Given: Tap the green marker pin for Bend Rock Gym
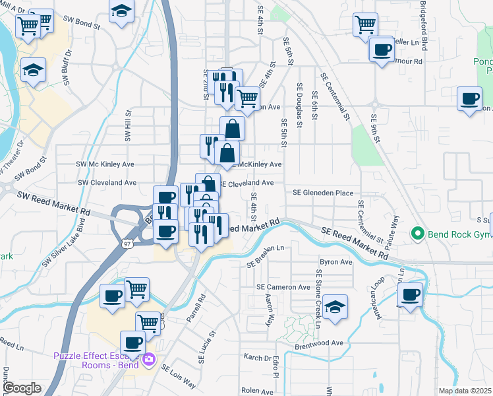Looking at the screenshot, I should (417, 234).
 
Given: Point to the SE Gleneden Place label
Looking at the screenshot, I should (324, 193).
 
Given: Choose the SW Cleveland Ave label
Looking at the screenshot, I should (107, 182).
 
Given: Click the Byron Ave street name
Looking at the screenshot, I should (336, 262).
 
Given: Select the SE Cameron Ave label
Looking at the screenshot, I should (283, 287).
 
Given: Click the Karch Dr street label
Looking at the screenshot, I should (258, 358).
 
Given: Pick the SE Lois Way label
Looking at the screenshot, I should (179, 377).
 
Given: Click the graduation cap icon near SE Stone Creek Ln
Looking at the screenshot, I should (335, 307).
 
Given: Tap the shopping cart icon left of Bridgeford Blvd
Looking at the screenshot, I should (365, 25).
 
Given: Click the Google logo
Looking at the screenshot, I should (22, 388).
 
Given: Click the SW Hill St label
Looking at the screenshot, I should (127, 126).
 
